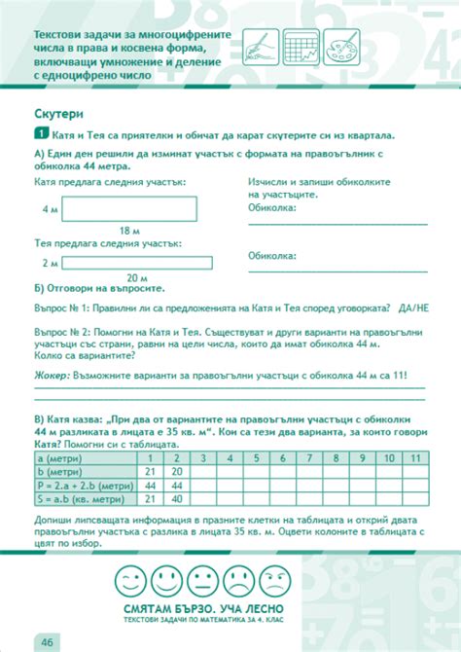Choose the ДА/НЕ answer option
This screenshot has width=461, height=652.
[x=412, y=307]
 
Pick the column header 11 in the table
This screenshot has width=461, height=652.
[x=415, y=457]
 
